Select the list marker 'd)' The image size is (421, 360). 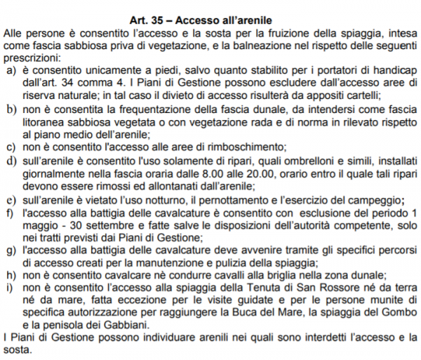[11, 164]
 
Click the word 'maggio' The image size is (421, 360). [41, 227]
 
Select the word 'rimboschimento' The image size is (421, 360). [245, 148]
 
